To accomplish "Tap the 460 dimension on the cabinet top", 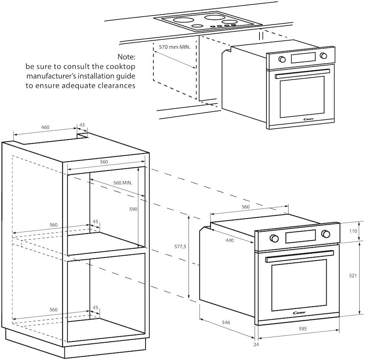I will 45,127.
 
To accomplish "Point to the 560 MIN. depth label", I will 122,183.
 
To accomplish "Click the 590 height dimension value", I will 133,209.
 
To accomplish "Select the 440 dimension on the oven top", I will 230,240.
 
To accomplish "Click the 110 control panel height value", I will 352,231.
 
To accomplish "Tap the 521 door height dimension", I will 352,276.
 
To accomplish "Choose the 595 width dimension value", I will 302,329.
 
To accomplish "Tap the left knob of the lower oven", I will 275,238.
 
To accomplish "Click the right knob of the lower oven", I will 326,234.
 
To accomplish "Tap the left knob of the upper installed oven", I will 282,59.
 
